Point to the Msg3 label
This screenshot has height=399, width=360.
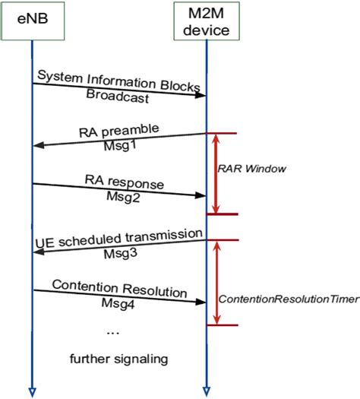119,254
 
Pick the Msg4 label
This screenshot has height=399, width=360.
119,303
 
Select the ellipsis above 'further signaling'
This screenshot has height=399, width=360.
112,332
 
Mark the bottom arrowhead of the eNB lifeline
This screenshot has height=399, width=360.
32,391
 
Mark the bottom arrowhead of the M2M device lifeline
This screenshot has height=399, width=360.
207,391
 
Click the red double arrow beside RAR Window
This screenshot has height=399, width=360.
216,173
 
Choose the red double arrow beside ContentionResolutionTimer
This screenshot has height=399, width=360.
216,283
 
